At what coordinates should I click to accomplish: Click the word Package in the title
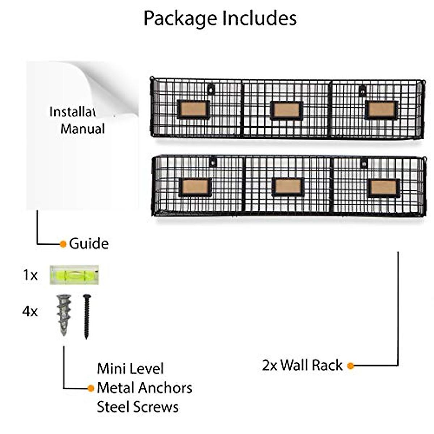(x=180, y=19)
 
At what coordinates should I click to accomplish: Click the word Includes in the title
(x=259, y=18)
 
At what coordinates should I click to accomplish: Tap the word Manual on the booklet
(x=83, y=129)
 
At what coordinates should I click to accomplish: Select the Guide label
(x=89, y=244)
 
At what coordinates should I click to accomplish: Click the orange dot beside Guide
(x=63, y=244)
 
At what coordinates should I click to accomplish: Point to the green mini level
(x=74, y=275)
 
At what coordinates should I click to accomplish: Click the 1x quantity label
(x=30, y=275)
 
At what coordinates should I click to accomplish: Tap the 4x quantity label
(x=30, y=312)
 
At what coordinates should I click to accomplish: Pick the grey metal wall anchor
(x=64, y=315)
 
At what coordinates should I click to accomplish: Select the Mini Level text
(x=130, y=369)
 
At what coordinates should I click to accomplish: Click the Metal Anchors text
(x=145, y=388)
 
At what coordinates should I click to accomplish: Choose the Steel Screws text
(x=137, y=407)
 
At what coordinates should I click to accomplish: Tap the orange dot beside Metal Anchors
(x=91, y=388)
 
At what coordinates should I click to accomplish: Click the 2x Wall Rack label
(x=302, y=365)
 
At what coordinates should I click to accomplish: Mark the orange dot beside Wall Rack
(x=350, y=366)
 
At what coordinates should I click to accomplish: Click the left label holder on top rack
(x=194, y=110)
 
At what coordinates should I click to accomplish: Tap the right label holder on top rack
(x=382, y=110)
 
